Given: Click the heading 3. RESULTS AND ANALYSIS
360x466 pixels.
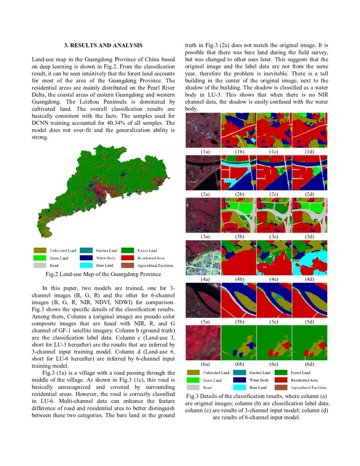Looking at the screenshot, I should pos(103,45).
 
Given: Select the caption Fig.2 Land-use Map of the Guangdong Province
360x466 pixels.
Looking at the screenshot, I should pos(103,274).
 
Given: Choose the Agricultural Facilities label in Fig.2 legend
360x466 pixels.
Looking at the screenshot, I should pos(155,265).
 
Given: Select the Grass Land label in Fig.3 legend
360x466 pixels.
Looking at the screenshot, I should pos(212,380).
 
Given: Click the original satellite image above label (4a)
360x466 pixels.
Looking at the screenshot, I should pos(203,258).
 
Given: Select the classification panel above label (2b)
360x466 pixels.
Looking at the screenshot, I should pos(238,172).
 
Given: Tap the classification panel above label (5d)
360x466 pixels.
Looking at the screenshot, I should pos(310,301).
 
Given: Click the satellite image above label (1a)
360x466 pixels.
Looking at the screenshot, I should pos(203,130).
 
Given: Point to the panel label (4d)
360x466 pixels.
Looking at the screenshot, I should pos(310,279).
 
